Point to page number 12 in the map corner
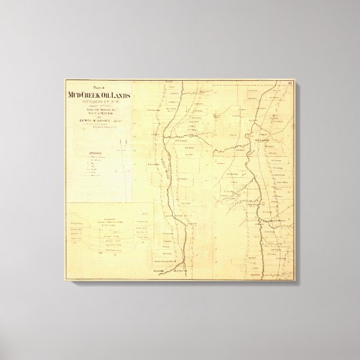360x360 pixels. [290, 84]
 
